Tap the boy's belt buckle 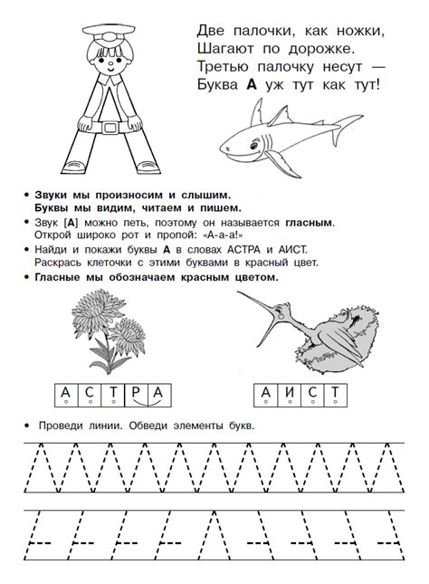110,128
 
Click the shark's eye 254,144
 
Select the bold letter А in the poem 252,85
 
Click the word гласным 310,223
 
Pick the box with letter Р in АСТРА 137,395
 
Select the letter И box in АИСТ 289,395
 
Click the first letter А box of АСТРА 66,395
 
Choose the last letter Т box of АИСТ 336,395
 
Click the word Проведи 61,426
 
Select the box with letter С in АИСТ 312,395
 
